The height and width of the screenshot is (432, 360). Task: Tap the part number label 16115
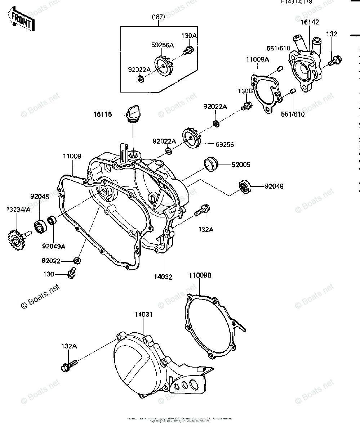(x=102, y=114)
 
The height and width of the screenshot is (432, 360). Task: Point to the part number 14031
(x=144, y=314)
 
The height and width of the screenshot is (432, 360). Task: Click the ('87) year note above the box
(x=159, y=16)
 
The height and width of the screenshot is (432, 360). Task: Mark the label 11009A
(x=257, y=59)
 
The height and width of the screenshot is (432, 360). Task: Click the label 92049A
(x=53, y=246)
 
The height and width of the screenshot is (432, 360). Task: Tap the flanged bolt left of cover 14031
(x=68, y=365)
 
